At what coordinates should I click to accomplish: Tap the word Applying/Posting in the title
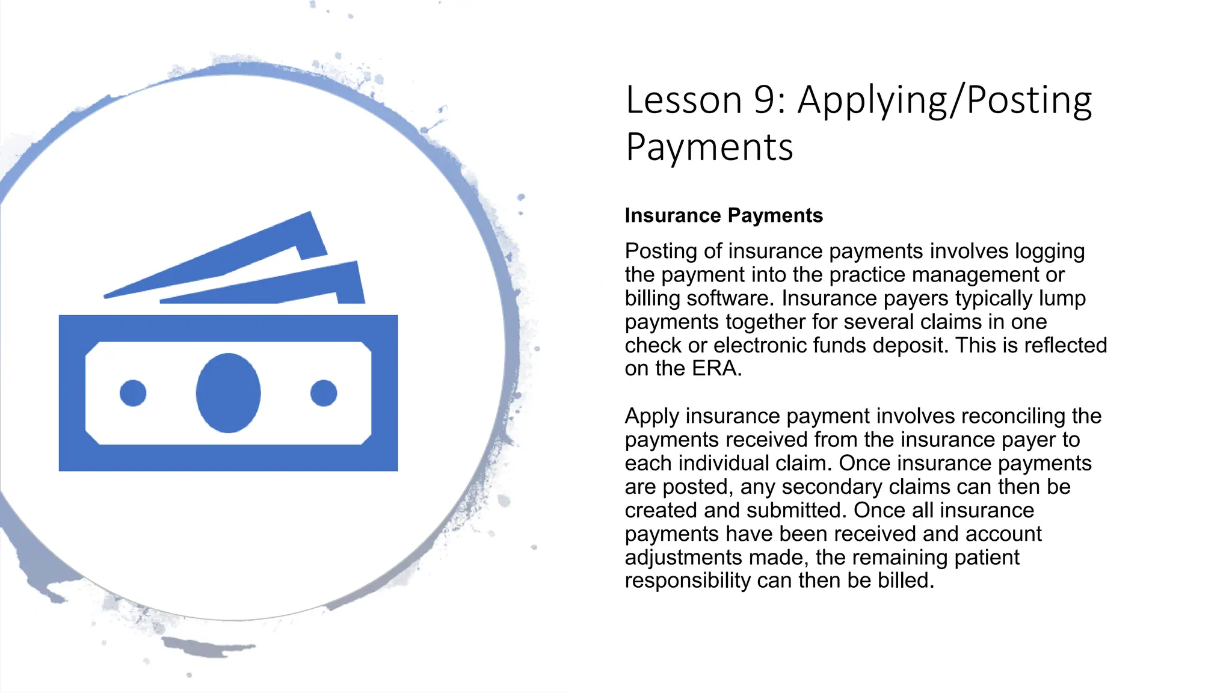[x=944, y=101]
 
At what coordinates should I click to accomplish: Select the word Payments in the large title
[x=709, y=148]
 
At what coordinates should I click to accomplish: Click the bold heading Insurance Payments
[x=724, y=215]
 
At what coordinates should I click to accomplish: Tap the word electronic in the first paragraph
[x=760, y=345]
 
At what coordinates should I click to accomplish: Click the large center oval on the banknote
[x=228, y=393]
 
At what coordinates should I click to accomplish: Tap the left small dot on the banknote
[x=133, y=393]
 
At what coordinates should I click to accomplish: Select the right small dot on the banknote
[x=324, y=393]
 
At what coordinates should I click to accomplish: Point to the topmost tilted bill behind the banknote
[x=241, y=253]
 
